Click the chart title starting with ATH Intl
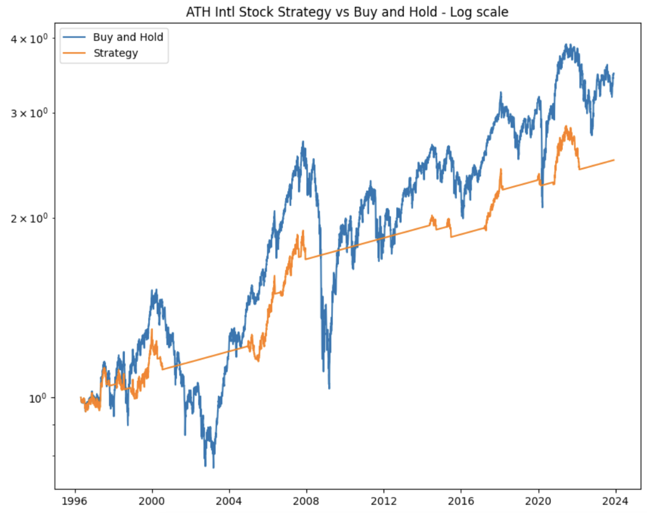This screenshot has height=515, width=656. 347,12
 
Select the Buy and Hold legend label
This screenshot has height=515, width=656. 128,37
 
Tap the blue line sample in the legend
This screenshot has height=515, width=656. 75,37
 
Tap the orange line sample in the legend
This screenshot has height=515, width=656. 75,52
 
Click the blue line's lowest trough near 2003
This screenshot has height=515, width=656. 213,467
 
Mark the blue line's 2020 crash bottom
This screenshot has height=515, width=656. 543,207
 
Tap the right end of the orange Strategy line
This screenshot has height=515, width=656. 614,160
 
